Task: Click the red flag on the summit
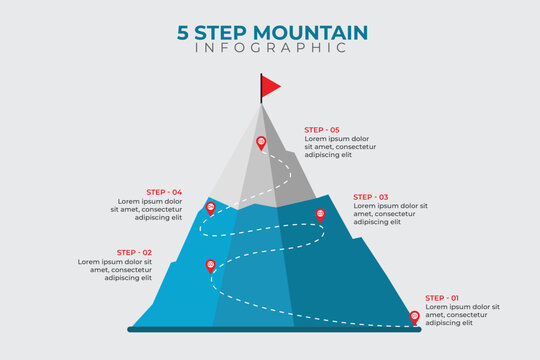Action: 271,87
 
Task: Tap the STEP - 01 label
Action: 443,298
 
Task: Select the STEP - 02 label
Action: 134,252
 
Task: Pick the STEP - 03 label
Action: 371,197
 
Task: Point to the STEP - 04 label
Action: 164,192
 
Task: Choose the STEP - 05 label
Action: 322,130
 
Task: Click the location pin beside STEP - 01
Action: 415,318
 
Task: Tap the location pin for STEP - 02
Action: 210,265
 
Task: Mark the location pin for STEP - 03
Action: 320,214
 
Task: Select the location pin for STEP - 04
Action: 210,208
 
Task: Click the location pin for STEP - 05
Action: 261,143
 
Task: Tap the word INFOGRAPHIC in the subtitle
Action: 270,48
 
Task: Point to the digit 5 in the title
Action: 182,31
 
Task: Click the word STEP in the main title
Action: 222,31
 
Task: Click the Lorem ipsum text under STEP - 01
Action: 461,315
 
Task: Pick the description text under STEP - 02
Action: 115,269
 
